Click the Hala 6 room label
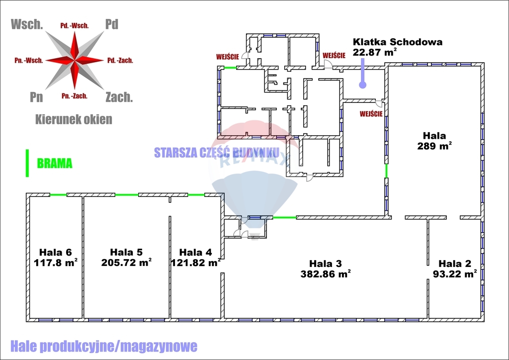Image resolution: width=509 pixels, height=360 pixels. point(55,252)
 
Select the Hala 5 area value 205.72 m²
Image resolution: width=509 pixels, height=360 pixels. point(126,262)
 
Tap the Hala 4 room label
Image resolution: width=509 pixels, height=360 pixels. point(195,252)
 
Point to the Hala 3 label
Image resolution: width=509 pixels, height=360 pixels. point(326,264)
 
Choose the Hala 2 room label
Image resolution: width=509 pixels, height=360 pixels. point(455,264)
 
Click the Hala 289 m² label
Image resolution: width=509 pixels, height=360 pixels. point(434,135)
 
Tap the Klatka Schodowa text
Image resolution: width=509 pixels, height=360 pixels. point(397,42)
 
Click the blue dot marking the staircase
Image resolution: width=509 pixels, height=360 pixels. point(363,85)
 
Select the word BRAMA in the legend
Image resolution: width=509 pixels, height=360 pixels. point(55,163)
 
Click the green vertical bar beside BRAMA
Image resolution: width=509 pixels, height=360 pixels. point(27,163)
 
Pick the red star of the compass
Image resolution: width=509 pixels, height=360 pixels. point(75,60)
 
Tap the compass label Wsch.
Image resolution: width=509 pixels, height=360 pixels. point(26,24)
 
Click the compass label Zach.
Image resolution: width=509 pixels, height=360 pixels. point(119,96)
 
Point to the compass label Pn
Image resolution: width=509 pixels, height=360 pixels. point(36,96)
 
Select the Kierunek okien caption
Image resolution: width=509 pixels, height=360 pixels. point(74,119)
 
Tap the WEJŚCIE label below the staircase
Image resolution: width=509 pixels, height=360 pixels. point(371,114)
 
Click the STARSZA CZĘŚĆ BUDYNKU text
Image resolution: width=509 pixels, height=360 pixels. point(217,153)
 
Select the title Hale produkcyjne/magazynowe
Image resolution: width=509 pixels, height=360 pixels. point(103,346)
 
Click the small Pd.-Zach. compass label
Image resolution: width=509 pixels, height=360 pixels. point(120,61)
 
